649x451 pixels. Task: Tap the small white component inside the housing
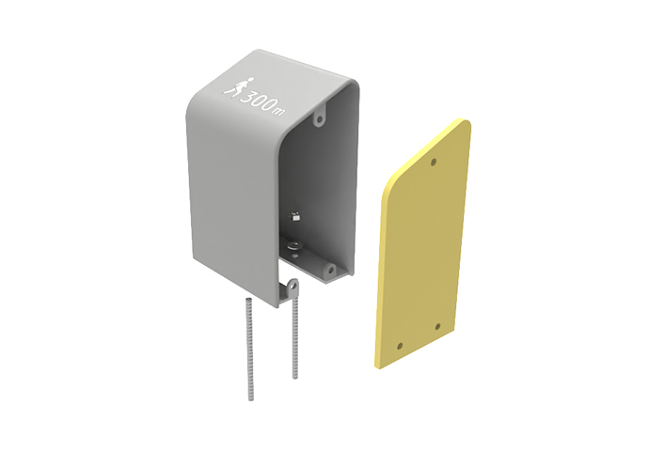[295, 216]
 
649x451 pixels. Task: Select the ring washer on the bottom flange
[294, 246]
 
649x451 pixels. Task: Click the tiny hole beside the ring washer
[294, 257]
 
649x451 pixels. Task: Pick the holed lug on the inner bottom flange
[330, 271]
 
